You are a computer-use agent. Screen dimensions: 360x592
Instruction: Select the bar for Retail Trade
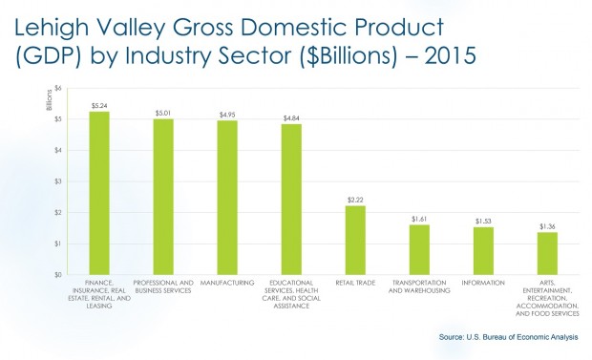pos(355,240)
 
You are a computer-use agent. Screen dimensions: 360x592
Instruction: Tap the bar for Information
pos(483,250)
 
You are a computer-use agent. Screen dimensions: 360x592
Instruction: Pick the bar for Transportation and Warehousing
pos(419,249)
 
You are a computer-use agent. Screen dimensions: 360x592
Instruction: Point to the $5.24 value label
pos(99,105)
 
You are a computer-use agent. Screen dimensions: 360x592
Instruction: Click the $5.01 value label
pos(163,113)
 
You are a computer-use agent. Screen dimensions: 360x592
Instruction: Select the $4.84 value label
pos(291,117)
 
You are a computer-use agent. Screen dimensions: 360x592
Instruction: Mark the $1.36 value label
pos(547,226)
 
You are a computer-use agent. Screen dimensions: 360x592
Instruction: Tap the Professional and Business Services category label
pos(163,286)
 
